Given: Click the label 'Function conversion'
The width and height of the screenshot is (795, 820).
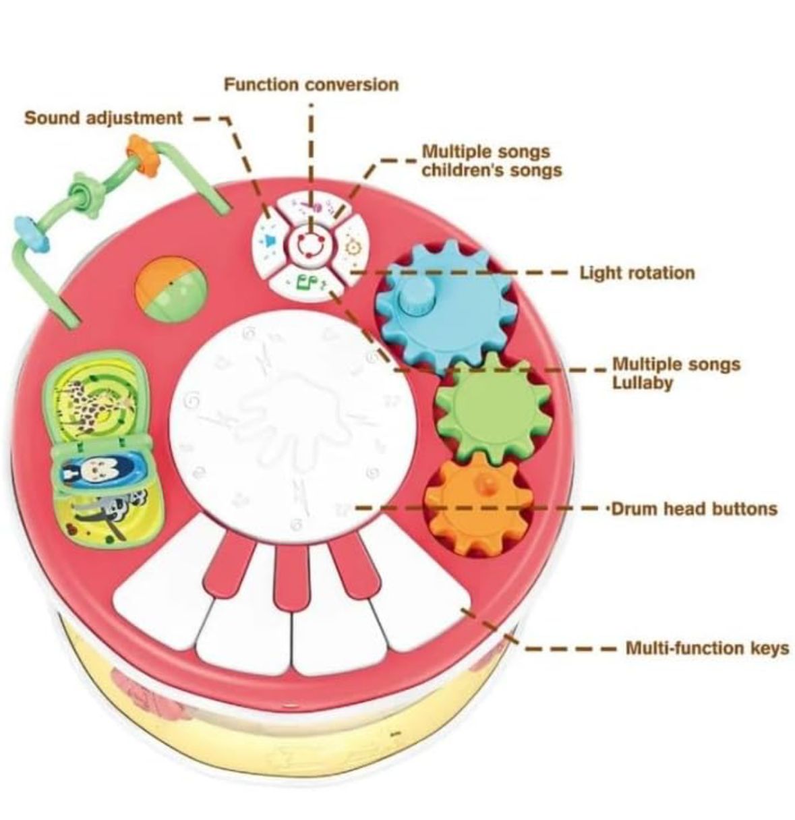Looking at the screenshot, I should point(311,85).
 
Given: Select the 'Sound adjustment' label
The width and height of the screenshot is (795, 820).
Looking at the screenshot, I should point(103,118).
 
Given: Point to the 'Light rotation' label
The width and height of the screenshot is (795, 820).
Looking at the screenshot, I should point(637,273).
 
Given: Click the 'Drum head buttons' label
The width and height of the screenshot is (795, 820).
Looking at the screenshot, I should point(694,508).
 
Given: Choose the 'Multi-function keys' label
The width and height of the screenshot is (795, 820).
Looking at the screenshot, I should point(707,648).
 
